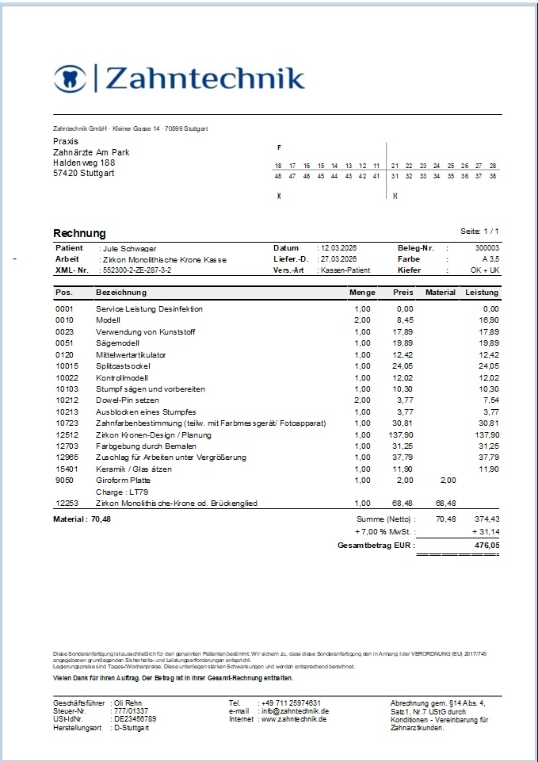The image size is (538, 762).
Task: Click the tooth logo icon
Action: click(x=69, y=78)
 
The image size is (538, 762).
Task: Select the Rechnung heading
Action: click(x=79, y=233)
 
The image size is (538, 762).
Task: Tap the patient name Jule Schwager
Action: click(x=129, y=248)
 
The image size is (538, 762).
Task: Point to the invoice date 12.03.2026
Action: click(x=338, y=248)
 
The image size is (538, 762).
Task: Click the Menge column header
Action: click(x=362, y=293)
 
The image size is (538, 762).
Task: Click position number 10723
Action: click(x=67, y=423)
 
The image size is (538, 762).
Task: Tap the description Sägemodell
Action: click(x=118, y=343)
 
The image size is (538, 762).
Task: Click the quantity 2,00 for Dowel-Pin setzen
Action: click(x=362, y=400)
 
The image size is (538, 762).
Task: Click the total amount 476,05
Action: click(x=484, y=546)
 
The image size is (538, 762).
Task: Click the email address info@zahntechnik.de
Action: click(x=294, y=711)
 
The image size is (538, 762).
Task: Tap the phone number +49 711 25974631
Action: click(x=290, y=703)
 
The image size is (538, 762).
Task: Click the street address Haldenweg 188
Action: click(x=84, y=163)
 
